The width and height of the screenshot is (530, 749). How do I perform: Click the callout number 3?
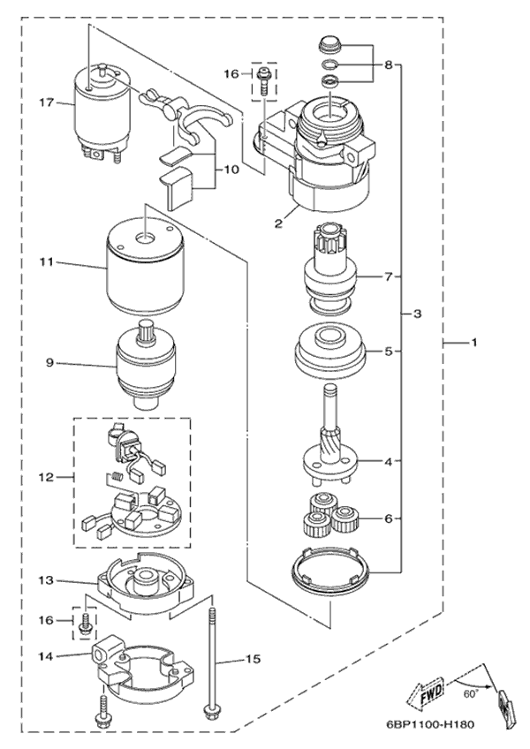[x=417, y=314]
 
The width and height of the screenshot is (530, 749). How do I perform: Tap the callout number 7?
[x=387, y=276]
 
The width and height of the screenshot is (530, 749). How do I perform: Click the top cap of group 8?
[x=329, y=42]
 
